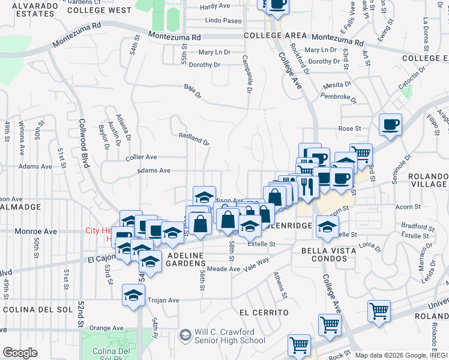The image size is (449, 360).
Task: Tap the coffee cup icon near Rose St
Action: pos(391,125)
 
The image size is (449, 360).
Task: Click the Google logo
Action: pos(20,353)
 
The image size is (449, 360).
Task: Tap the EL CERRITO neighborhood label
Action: pos(264,313)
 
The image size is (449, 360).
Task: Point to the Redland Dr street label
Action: pos(194,139)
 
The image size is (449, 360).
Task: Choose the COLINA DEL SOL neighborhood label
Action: pos(37,310)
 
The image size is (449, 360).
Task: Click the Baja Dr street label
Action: pos(191,88)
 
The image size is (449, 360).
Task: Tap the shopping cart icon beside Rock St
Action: pos(299,346)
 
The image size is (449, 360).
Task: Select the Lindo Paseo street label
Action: pos(223,20)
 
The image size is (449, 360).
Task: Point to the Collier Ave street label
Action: pos(141,157)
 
